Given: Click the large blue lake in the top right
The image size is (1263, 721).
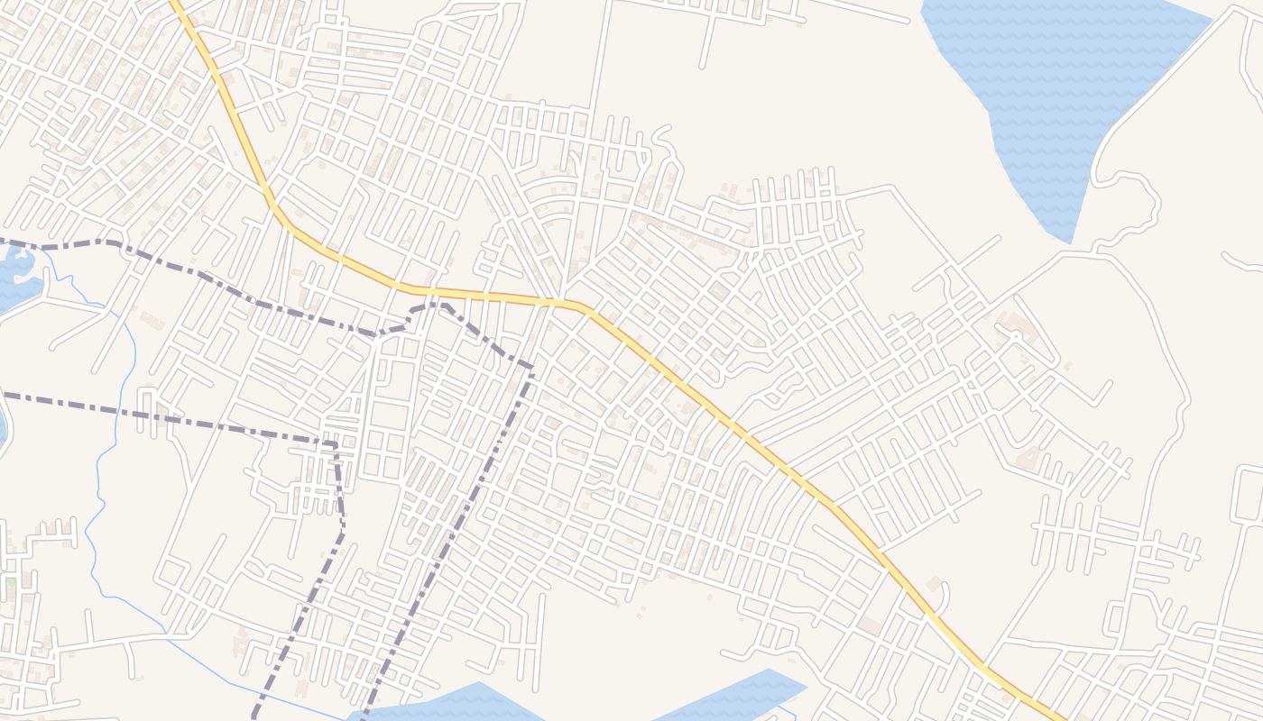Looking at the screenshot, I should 1046,81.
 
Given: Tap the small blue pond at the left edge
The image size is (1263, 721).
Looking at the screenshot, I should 15,275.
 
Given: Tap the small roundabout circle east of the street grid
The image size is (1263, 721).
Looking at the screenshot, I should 1016,335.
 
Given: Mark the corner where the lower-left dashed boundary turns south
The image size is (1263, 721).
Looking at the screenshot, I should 335,443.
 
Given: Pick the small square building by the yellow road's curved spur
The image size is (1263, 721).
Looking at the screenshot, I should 933,583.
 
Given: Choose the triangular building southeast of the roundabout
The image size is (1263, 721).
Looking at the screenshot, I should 1028,460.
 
